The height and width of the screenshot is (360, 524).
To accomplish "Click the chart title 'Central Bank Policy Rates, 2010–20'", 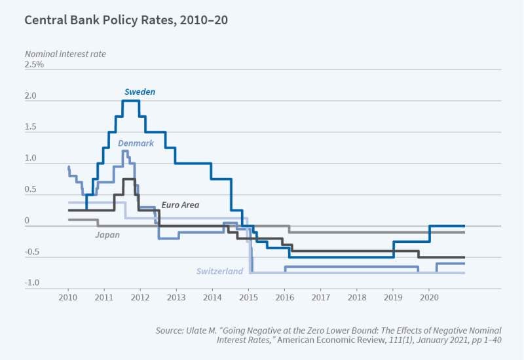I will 126,20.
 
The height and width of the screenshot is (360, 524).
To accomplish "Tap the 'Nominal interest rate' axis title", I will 65,53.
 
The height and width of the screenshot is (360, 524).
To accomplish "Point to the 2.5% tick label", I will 34,65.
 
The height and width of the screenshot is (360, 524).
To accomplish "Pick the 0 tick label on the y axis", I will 28,222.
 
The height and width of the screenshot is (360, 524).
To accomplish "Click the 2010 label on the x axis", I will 68,297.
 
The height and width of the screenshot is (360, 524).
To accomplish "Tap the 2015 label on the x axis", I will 248,297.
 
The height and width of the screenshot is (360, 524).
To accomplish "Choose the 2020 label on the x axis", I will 428,297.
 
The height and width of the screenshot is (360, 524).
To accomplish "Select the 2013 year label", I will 176,297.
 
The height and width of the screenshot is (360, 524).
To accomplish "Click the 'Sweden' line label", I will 140,92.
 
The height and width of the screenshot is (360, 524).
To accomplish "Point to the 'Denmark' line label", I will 136,143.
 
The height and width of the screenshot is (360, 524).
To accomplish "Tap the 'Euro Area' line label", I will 180,205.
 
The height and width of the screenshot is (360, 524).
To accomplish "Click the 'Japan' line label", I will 107,234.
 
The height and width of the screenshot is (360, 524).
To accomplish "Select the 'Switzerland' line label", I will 219,271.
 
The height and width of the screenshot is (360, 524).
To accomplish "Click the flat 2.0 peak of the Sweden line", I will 131,101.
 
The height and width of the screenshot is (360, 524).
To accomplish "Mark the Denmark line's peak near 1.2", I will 124,151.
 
